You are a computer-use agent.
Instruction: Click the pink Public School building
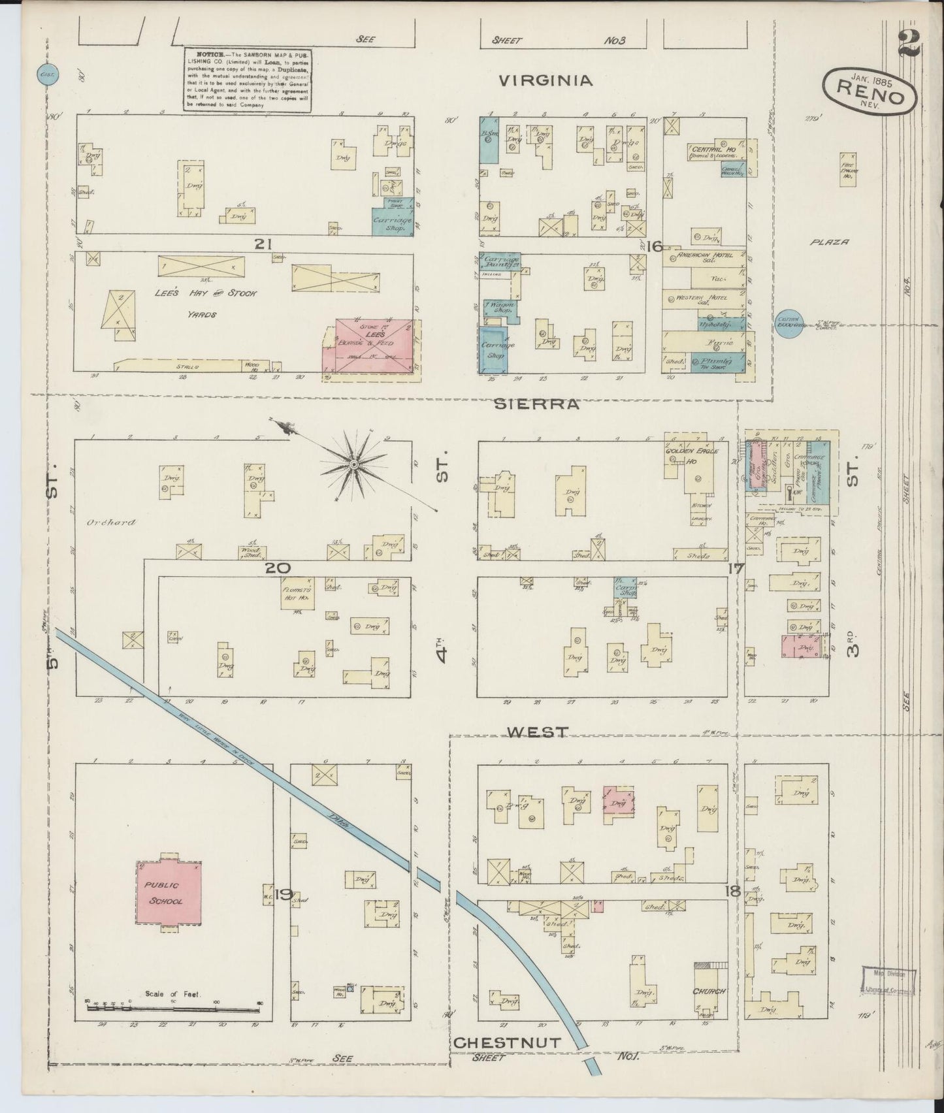(169, 892)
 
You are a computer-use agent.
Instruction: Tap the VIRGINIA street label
(545, 80)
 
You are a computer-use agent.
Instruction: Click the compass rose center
(353, 464)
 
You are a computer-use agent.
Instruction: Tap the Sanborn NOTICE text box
(246, 79)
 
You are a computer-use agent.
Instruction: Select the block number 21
(263, 244)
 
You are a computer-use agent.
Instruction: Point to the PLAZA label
(831, 242)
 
